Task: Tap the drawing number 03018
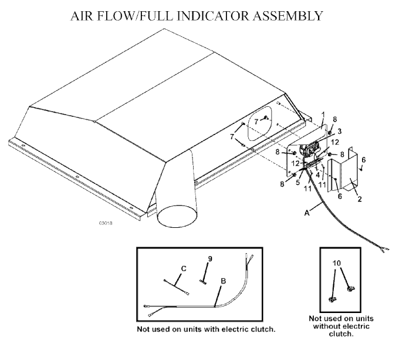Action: tap(106, 223)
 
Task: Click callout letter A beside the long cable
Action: tap(307, 213)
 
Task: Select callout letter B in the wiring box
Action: tap(224, 281)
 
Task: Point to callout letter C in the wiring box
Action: tap(184, 268)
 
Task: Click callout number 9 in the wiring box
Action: tap(210, 258)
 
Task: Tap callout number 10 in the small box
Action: tap(336, 263)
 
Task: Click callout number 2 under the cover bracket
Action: tap(360, 198)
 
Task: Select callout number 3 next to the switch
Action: tap(340, 132)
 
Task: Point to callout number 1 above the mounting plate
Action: tap(323, 115)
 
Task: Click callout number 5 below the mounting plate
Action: tap(297, 183)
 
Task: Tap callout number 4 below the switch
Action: tap(318, 175)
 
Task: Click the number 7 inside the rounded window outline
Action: tap(256, 122)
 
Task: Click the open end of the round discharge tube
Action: tap(177, 217)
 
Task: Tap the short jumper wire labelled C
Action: tap(176, 288)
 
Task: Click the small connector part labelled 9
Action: tap(203, 281)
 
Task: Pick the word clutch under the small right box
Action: tap(341, 334)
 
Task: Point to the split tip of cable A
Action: tap(385, 250)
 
